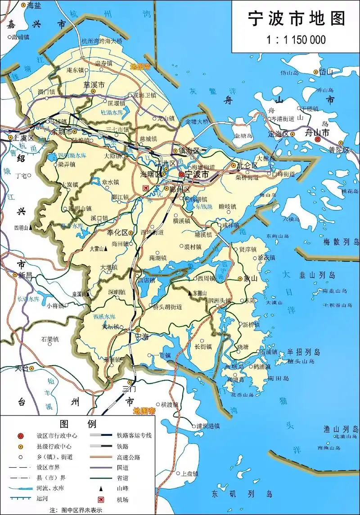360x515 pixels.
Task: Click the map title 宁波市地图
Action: pos(297,19)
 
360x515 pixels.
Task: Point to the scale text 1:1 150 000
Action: pos(296,40)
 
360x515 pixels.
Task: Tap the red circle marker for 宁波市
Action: pos(181,174)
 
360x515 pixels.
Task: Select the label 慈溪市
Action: pos(94,84)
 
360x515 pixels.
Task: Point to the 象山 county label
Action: pos(250,278)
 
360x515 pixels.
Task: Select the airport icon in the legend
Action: pos(100,499)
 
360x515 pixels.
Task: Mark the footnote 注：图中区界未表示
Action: pos(76,510)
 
